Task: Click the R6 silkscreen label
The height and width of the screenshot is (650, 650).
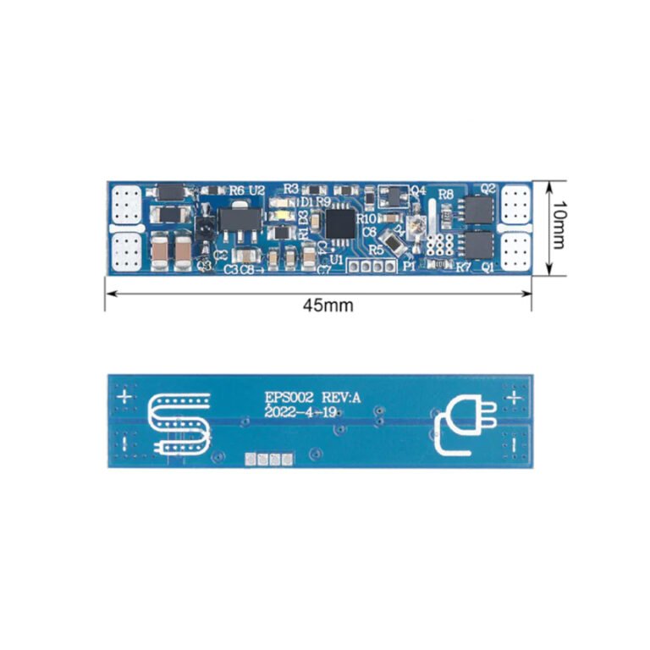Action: [236, 190]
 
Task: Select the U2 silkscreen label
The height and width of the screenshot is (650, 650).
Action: [257, 190]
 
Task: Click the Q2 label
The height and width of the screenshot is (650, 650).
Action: [487, 189]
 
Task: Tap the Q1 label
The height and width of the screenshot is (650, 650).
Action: [487, 267]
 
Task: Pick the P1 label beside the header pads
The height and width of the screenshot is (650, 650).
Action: [410, 267]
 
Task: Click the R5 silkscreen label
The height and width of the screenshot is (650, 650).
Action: [375, 251]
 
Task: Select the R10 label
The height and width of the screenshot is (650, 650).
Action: [366, 219]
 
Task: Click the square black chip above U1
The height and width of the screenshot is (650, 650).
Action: [340, 223]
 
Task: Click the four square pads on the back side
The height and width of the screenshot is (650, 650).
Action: [268, 459]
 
